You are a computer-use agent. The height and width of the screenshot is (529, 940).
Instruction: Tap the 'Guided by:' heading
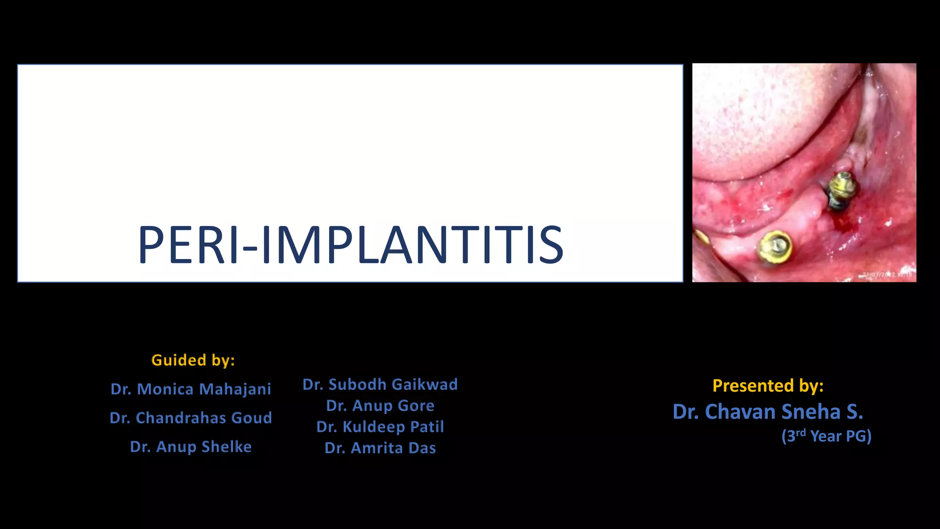pos(193,360)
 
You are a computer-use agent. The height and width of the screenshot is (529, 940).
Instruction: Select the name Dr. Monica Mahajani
pos(190,389)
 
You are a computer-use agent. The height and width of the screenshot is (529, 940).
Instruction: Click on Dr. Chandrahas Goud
pos(190,418)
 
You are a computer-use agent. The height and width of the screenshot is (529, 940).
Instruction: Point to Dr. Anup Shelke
pos(190,447)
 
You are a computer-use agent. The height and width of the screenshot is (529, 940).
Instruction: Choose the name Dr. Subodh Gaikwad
pos(380,384)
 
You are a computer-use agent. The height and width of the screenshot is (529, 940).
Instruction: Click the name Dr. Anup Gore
pos(380,405)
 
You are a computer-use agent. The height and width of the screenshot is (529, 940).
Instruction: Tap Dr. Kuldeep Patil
pos(380,427)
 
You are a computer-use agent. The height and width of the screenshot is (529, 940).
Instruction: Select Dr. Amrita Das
pos(380,448)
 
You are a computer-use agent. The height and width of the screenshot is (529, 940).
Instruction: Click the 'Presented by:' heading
pos(768,386)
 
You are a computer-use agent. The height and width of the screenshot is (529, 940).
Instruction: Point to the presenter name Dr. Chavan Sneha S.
pos(767,412)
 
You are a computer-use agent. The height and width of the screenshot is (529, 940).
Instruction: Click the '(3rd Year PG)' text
pos(826,436)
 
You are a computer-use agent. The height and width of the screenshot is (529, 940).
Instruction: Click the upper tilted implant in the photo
pos(841,191)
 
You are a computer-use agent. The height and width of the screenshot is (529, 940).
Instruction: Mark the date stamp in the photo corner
pos(886,275)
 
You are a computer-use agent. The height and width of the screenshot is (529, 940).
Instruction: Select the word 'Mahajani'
pos(235,389)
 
